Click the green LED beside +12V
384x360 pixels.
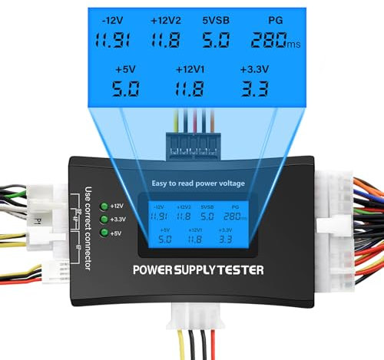[104, 206]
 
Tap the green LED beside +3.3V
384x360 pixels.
[104, 220]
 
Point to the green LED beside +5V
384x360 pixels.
[104, 233]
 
